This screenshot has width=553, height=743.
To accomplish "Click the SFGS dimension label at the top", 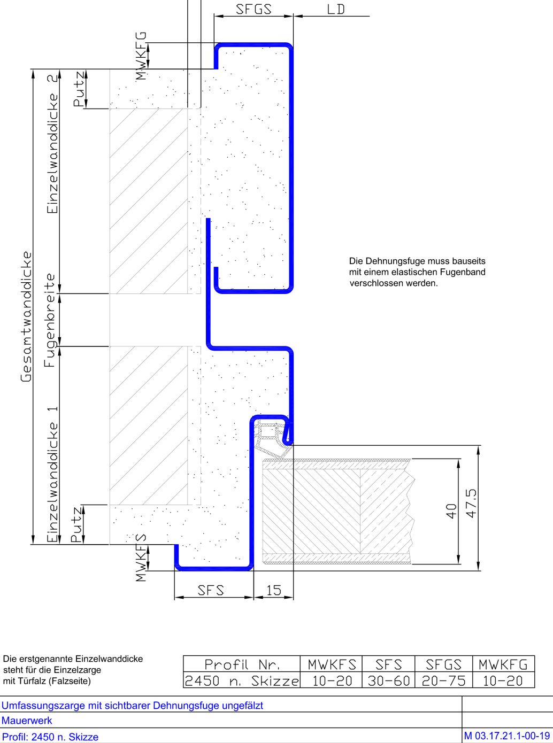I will pos(254,9).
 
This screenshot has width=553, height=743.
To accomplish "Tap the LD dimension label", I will pos(335,9).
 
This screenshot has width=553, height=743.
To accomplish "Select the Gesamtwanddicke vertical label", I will pos(26,316).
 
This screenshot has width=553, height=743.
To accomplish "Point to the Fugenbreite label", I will pos(50,320).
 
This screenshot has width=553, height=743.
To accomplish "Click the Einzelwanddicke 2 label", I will pos(52,144).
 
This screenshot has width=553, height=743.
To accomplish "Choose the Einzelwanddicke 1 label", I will pos(52,475).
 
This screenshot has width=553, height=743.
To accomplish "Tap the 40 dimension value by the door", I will pos(452,510).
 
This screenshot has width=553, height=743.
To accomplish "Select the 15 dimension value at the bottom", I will pos(273,590).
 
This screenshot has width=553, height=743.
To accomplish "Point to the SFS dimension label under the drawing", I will pos(211,590).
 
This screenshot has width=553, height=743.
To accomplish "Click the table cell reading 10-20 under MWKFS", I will pos(332,680).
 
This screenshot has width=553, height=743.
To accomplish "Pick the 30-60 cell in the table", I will pos(389,680).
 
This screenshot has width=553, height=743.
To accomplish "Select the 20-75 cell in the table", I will pos(444,680).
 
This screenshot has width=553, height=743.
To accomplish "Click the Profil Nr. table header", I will pos(242,664).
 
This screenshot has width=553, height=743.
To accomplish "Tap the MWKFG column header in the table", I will pos(503,664).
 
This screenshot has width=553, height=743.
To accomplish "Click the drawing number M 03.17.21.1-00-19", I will pos(507,736).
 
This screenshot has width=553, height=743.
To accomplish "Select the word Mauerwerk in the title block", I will pos(27,720).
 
